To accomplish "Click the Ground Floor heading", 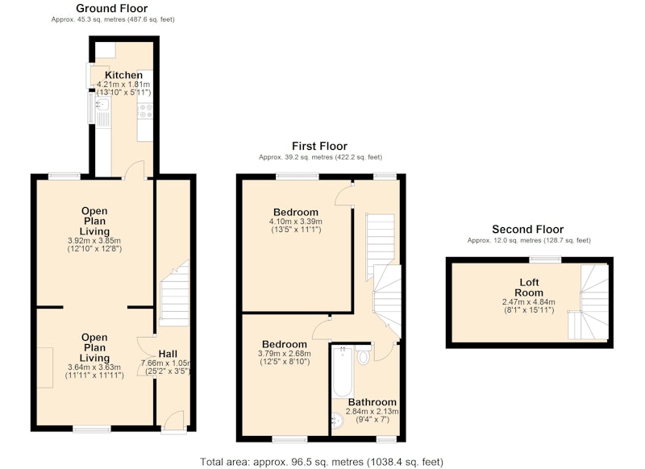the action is [x=111, y=8].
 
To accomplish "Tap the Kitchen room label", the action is [x=123, y=75].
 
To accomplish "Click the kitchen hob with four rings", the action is [x=145, y=111].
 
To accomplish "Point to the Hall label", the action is [x=168, y=354].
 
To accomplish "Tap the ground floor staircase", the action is [x=174, y=294].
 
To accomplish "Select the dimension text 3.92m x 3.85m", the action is [x=94, y=240].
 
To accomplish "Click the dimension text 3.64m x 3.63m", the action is [x=94, y=367].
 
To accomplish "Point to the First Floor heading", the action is [x=319, y=146].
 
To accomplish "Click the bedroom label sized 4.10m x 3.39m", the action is [x=296, y=213].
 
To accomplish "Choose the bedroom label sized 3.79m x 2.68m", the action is [x=285, y=344].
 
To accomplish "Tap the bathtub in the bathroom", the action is [x=343, y=372].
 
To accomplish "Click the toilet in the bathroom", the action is [x=363, y=355].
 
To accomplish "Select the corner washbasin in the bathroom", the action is [x=338, y=421].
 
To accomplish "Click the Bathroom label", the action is [x=372, y=402].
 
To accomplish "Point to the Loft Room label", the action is [x=529, y=288].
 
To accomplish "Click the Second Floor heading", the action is [x=528, y=230].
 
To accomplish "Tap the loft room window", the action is [x=545, y=259].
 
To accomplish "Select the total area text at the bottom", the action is [x=322, y=462].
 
